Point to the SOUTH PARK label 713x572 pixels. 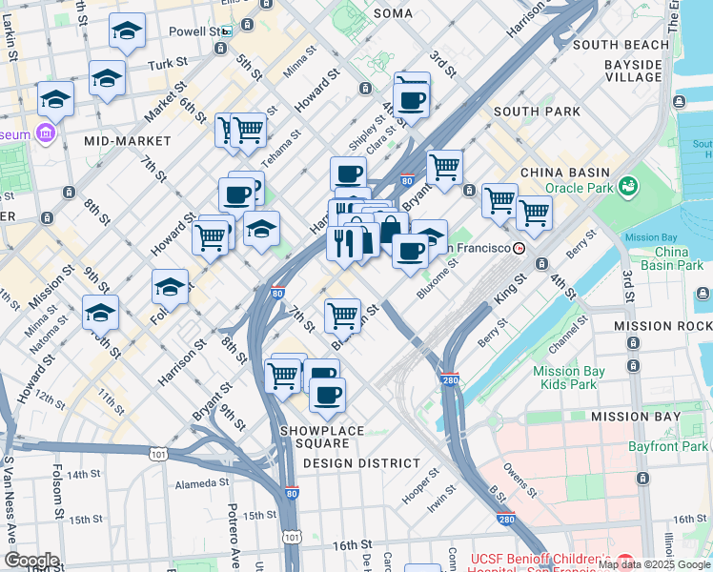point(537,112)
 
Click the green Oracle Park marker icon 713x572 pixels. point(627,185)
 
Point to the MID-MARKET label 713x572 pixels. point(119,140)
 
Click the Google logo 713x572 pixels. point(31,561)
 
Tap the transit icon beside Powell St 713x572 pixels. point(226,31)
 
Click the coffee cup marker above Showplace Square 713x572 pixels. point(327,395)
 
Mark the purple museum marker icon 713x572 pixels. point(44,131)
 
